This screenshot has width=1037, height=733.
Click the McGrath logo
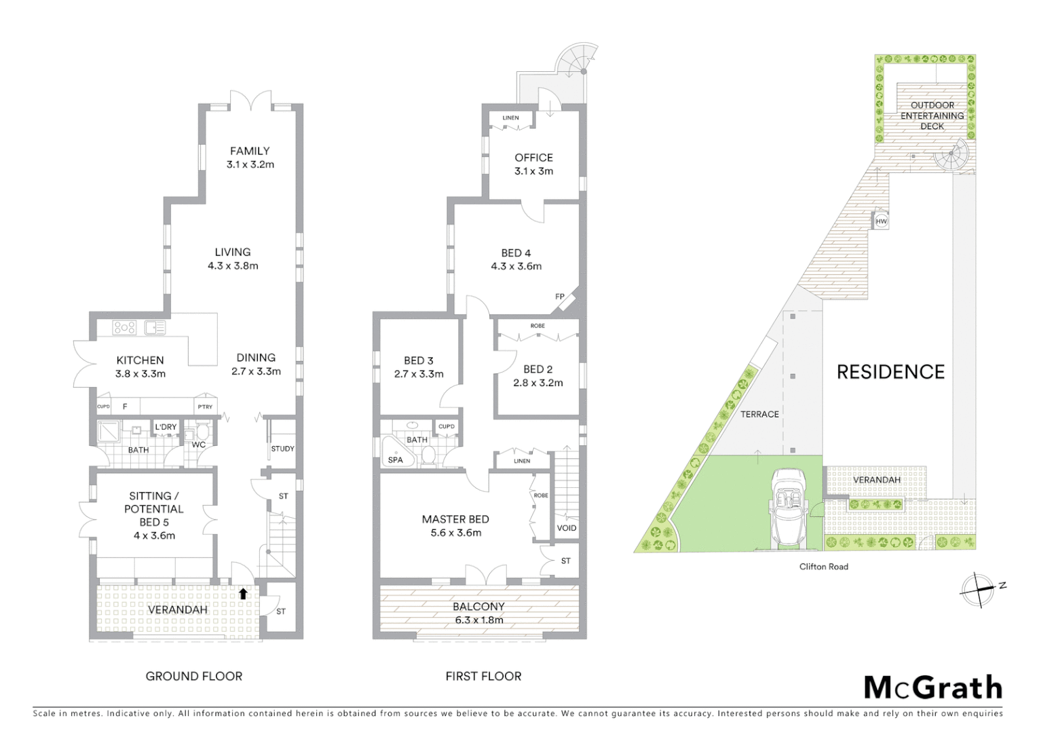point(933,688)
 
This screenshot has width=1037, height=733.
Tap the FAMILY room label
point(250,151)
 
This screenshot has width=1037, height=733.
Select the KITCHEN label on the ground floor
point(140,360)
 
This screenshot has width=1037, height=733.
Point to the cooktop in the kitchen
point(125,328)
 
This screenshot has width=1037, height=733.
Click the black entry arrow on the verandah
point(243,594)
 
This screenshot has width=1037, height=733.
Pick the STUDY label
point(282,449)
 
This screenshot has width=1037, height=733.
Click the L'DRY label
point(166,427)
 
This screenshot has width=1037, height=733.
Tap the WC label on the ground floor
point(198,445)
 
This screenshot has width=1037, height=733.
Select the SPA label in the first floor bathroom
point(395,459)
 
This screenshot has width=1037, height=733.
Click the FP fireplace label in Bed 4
point(560,297)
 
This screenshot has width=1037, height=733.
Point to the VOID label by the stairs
point(566,528)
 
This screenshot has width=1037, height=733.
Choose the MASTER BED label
point(455,519)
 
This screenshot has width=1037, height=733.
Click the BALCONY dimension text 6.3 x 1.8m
point(478,620)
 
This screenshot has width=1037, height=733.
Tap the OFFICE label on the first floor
point(533,157)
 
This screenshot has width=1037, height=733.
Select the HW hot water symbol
point(881,221)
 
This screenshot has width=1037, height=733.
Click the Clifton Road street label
point(823,567)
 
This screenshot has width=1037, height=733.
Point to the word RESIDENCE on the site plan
point(890,372)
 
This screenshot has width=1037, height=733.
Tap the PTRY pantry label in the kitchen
point(205,407)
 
